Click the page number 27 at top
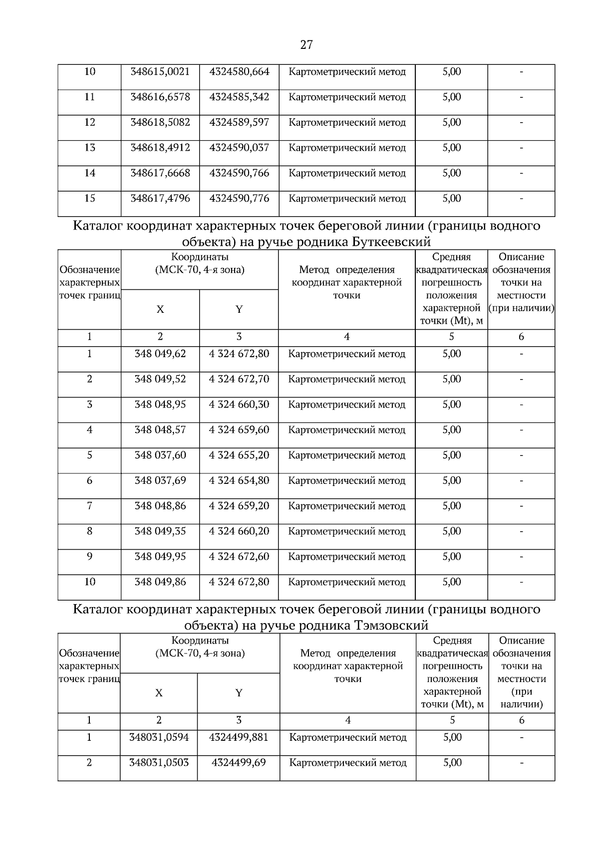(x=306, y=45)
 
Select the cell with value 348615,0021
(x=160, y=72)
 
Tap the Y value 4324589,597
(x=239, y=123)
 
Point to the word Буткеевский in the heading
(x=391, y=242)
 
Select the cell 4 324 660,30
(x=239, y=405)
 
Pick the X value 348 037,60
(x=160, y=455)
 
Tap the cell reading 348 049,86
(x=160, y=582)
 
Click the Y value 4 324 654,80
(x=239, y=481)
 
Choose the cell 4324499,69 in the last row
(x=239, y=763)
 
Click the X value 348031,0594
(x=159, y=737)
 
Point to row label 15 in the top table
(x=89, y=199)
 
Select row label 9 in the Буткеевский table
(x=89, y=557)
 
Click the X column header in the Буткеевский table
(x=160, y=309)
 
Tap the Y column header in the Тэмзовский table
(x=239, y=693)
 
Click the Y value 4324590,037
(x=239, y=148)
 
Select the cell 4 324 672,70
(x=239, y=379)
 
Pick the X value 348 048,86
(x=160, y=506)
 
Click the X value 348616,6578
(x=160, y=97)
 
